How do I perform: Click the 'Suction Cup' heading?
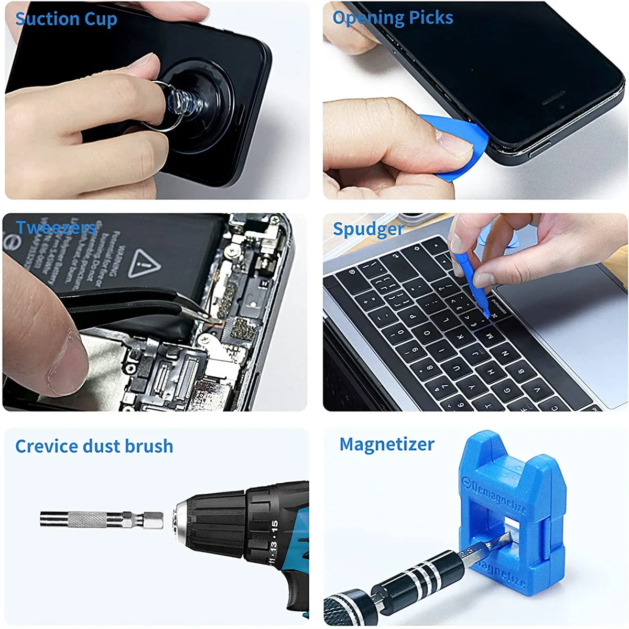pyautogui.click(x=66, y=19)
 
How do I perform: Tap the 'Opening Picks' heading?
pyautogui.click(x=393, y=18)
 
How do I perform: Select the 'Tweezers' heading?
pyautogui.click(x=56, y=227)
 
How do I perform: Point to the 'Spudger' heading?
pyautogui.click(x=368, y=229)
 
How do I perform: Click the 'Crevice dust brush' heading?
pyautogui.click(x=94, y=446)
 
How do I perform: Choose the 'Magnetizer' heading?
pyautogui.click(x=387, y=444)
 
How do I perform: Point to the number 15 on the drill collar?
pyautogui.click(x=274, y=526)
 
